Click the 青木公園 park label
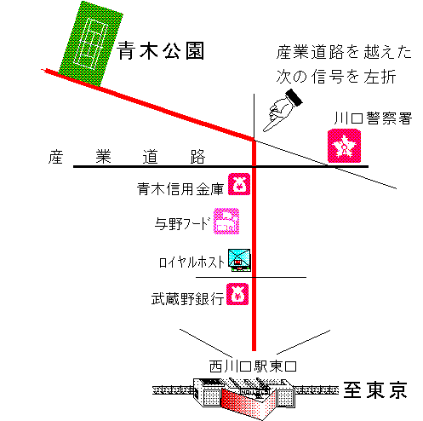tap(161, 51)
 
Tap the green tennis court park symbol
tap(91, 43)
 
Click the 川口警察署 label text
tap(373, 118)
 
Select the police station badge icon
tap(345, 146)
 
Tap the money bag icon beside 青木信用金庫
tap(239, 184)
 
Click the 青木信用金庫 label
tap(180, 188)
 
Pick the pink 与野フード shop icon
tap(226, 222)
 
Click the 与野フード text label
tap(183, 223)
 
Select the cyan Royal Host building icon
tap(240, 260)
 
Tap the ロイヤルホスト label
tap(191, 262)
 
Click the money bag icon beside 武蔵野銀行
tap(237, 294)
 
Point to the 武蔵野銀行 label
tap(187, 299)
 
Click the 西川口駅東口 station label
tap(253, 366)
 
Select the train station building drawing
tap(244, 398)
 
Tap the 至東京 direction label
tap(375, 390)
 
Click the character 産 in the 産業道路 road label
tap(55, 157)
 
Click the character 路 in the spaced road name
tap(197, 157)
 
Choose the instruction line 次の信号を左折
tap(336, 77)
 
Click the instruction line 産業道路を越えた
tap(344, 52)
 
